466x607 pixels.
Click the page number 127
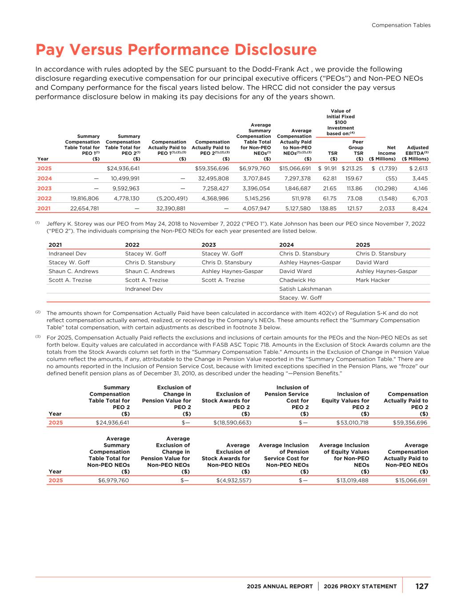tap(422, 586)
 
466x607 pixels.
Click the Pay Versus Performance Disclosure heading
tap(176, 50)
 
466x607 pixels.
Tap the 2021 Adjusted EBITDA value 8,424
tap(420, 208)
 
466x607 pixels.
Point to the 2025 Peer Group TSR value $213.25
tap(352, 169)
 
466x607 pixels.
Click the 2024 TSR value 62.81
tap(329, 178)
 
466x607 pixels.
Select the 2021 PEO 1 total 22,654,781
tap(82, 208)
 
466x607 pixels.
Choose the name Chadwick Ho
tap(297, 280)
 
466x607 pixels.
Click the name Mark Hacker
tap(373, 280)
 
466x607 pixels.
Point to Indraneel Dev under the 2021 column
tap(67, 254)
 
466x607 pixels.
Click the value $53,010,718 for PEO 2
tap(352, 422)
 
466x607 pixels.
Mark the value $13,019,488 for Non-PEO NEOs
tap(352, 480)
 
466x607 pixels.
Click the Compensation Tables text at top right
tap(401, 25)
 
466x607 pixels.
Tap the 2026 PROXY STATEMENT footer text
tap(360, 587)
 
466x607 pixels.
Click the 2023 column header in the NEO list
tap(209, 245)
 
